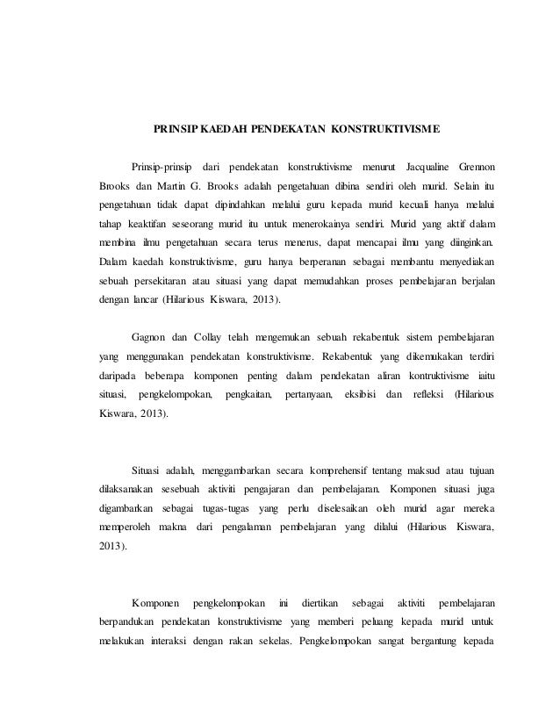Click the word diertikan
click(x=319, y=603)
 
